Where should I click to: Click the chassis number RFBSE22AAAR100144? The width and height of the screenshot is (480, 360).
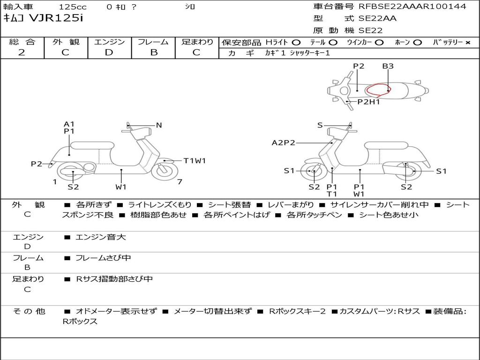click(412, 7)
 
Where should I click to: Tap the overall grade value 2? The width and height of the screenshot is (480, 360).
click(22, 52)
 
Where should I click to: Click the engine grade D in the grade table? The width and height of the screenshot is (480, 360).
click(109, 52)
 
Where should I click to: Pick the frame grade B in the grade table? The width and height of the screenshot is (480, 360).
click(153, 52)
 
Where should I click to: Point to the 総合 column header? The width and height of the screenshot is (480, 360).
click(22, 42)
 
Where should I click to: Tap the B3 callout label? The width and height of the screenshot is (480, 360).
click(388, 66)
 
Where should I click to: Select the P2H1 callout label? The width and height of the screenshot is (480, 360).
click(368, 102)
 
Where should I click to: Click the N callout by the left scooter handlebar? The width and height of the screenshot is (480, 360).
click(159, 125)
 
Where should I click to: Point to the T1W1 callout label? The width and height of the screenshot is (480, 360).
click(195, 161)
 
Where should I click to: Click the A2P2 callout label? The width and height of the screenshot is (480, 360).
click(284, 143)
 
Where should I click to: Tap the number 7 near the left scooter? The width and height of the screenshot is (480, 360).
click(180, 181)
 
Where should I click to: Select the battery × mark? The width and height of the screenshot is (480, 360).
click(467, 43)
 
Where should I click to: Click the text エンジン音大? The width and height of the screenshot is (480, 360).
click(101, 237)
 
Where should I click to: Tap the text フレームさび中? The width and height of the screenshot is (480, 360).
click(103, 258)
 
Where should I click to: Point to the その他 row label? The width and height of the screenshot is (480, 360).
click(29, 311)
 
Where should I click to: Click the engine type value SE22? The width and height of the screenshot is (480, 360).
click(370, 30)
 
